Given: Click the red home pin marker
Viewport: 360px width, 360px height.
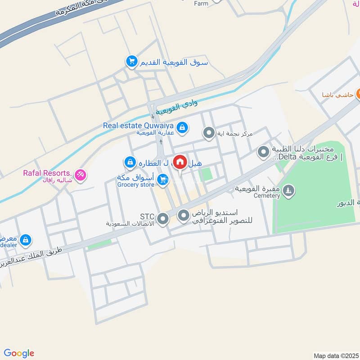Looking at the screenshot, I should click(180, 162).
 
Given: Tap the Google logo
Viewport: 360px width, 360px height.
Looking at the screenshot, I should click(18, 353).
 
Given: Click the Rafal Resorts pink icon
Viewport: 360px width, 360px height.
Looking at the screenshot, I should click(80, 175).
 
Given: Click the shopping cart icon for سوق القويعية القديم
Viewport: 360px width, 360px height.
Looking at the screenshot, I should click(131, 61).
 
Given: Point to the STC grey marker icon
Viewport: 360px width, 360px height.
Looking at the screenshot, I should click(163, 219).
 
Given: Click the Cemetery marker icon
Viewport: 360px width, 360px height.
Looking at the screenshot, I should click(288, 191).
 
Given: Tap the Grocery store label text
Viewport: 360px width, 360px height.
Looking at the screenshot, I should click(135, 184).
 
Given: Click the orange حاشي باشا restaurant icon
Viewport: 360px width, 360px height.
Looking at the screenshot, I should click(359, 94).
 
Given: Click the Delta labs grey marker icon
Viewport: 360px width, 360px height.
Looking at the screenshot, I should click(263, 152).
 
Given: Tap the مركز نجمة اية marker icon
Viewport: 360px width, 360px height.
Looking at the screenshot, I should click(208, 133).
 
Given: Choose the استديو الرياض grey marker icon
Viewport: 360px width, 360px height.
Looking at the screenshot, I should click(184, 216).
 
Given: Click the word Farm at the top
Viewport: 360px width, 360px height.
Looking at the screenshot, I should click(201, 4).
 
